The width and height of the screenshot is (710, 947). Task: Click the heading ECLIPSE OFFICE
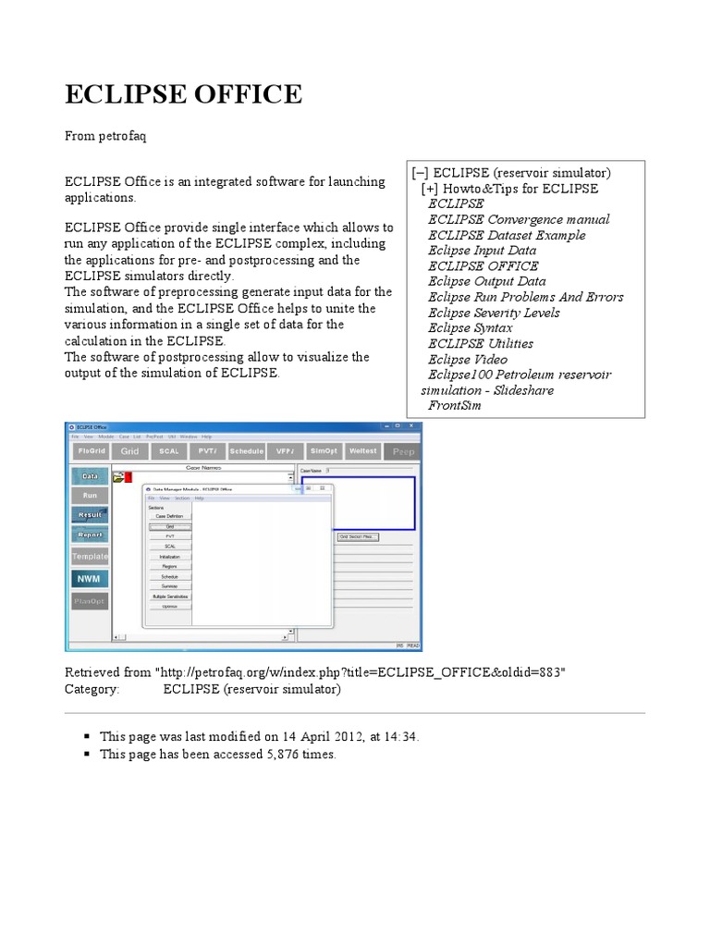182,93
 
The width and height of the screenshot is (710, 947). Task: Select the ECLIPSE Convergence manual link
519,219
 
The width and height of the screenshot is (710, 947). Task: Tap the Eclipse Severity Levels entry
494,313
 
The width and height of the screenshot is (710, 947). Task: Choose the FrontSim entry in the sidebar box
456,405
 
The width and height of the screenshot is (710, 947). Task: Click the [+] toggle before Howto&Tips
430,189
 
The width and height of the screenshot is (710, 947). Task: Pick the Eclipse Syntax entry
470,327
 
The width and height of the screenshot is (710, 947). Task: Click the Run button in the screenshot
90,495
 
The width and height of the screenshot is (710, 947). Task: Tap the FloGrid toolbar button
90,450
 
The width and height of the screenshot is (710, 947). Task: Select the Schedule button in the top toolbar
246,450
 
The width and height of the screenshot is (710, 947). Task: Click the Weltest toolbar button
363,450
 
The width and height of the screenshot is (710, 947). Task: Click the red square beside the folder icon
129,477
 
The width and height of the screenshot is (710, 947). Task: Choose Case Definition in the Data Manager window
169,515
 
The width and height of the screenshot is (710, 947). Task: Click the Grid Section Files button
358,536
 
